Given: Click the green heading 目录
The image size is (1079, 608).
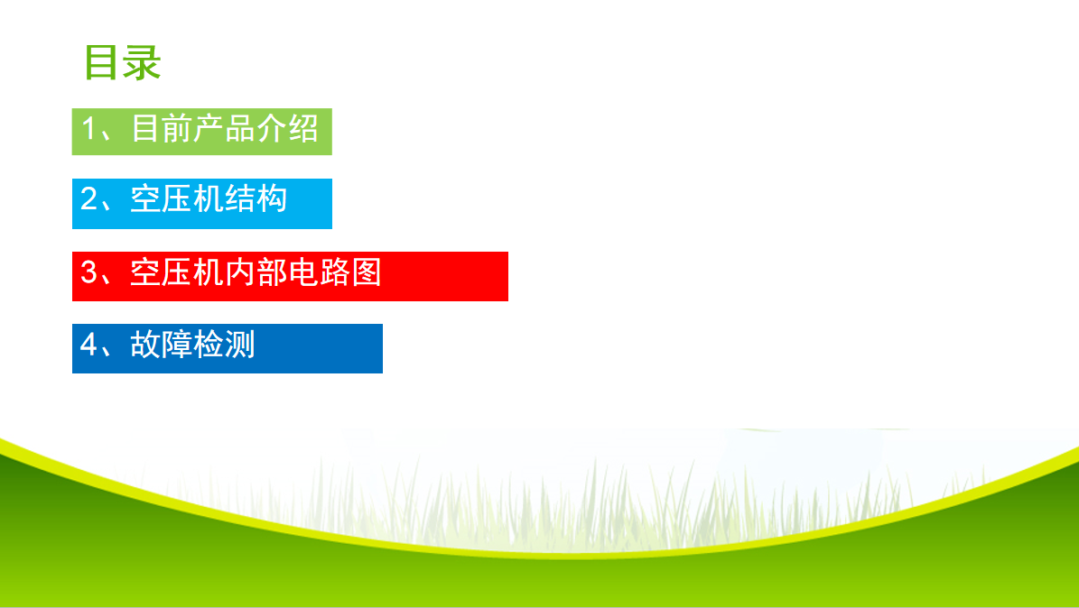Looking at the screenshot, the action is click(123, 62).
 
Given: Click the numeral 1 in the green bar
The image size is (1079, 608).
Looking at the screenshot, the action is click(88, 129).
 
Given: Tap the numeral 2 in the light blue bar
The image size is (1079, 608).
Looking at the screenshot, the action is click(88, 198).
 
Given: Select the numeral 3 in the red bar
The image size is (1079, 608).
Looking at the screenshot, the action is click(88, 272).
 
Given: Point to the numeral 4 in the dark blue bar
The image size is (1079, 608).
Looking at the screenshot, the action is click(88, 344).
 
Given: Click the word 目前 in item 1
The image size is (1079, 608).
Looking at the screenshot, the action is click(162, 129).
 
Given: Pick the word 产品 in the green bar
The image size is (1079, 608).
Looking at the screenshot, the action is click(225, 129).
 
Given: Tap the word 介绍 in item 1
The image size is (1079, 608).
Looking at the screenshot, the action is click(288, 129).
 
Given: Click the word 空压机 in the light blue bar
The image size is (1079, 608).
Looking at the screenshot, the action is click(177, 198).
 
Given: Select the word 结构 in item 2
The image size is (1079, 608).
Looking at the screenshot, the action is click(256, 198).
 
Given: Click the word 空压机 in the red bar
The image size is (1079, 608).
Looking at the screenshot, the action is click(177, 272).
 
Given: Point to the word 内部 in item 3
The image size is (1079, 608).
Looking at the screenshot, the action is click(256, 272).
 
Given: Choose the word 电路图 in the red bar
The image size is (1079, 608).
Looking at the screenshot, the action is click(335, 272).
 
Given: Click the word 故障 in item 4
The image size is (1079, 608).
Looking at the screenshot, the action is click(161, 344).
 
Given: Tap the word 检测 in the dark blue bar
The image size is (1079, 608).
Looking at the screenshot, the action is click(224, 344).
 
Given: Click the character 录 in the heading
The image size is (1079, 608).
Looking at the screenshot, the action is click(143, 62).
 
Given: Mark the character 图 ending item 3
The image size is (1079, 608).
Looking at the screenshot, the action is click(367, 272).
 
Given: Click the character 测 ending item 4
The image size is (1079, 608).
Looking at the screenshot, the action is click(240, 344).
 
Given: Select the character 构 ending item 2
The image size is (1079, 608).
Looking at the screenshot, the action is click(272, 198).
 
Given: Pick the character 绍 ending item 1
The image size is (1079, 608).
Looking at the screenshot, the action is click(303, 129).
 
